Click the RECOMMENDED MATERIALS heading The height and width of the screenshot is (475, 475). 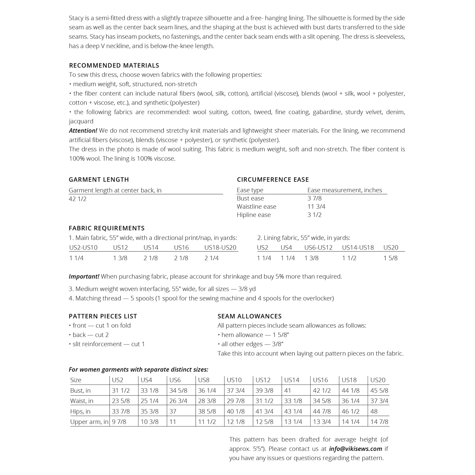[x=114, y=66]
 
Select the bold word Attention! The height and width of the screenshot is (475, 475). [x=83, y=130]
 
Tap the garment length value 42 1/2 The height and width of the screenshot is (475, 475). [x=78, y=199]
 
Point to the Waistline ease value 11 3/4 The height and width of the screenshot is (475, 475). [x=316, y=206]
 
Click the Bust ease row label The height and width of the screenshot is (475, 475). [x=250, y=198]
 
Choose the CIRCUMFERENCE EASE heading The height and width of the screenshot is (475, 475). [x=273, y=180]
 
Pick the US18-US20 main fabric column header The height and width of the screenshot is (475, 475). [x=220, y=248]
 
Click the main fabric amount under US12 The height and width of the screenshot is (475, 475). [x=120, y=258]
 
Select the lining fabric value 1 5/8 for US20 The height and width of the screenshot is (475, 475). [x=390, y=258]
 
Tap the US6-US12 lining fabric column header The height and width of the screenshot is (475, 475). [x=318, y=248]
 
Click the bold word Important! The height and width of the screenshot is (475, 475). [x=84, y=276]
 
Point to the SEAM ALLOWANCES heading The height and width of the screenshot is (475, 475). [x=250, y=316]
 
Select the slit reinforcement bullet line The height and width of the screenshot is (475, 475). [x=107, y=344]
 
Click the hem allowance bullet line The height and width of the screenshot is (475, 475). [x=253, y=335]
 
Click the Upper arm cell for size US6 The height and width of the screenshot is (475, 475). [x=173, y=422]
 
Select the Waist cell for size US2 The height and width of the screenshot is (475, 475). [x=121, y=401]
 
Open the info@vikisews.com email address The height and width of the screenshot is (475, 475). [x=355, y=449]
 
